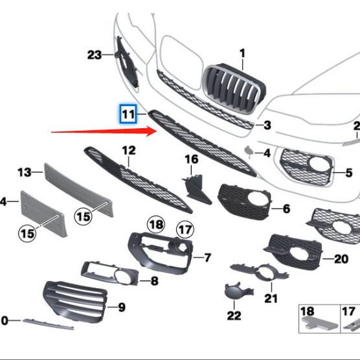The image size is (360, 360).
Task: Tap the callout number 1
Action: (x=242, y=53)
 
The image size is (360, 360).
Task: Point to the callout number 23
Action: (x=95, y=55)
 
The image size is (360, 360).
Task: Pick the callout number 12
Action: (x=129, y=151)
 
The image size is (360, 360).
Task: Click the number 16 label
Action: (x=192, y=159)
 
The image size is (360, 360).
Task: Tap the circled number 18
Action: (x=156, y=225)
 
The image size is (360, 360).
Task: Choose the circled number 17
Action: (x=185, y=229)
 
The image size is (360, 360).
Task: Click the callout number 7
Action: (x=207, y=258)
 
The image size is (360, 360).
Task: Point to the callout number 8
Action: (x=153, y=281)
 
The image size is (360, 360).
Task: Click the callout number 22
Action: (x=234, y=315)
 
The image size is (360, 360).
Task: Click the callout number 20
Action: (x=341, y=259)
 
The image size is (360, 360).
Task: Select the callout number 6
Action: (x=286, y=209)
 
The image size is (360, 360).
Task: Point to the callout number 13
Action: (x=25, y=172)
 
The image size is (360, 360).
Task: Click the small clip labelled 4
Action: (x=248, y=153)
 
